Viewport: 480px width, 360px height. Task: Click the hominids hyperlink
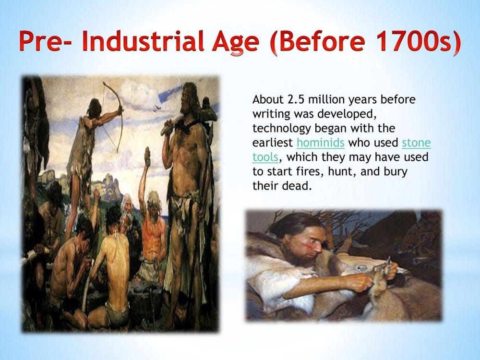pyautogui.click(x=321, y=143)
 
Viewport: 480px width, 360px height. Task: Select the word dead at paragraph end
pyautogui.click(x=298, y=186)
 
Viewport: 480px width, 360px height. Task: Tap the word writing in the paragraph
pyautogui.click(x=271, y=114)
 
